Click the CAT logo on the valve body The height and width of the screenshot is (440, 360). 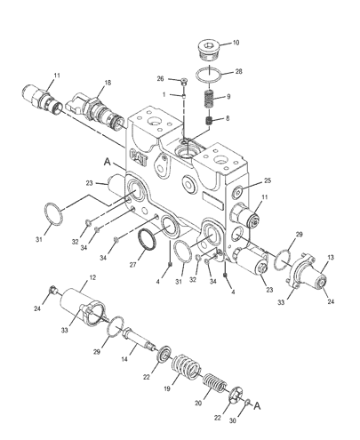tap(139, 156)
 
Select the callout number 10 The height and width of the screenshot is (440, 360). tap(236, 43)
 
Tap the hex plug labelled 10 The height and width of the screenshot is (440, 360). tap(209, 52)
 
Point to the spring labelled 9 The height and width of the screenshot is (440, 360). tap(209, 99)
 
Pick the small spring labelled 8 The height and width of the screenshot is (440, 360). tap(210, 121)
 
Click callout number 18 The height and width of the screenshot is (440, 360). tap(108, 83)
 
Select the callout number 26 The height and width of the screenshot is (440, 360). tap(160, 78)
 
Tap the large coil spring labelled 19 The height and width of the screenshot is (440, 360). tap(186, 367)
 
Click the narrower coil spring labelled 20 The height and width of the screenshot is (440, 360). tap(214, 383)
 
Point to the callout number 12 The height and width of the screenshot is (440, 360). tap(92, 277)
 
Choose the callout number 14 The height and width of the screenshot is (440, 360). tap(124, 359)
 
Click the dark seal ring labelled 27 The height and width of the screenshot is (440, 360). tap(148, 240)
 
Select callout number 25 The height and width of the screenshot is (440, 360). tap(268, 180)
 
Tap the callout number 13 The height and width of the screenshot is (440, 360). tap(331, 257)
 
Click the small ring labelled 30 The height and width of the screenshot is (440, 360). tap(248, 403)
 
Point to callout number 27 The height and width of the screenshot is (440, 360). tap(132, 265)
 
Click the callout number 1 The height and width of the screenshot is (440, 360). tap(164, 94)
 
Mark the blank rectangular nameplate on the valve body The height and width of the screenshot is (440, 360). tap(212, 200)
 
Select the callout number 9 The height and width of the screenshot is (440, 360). tap(228, 97)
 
